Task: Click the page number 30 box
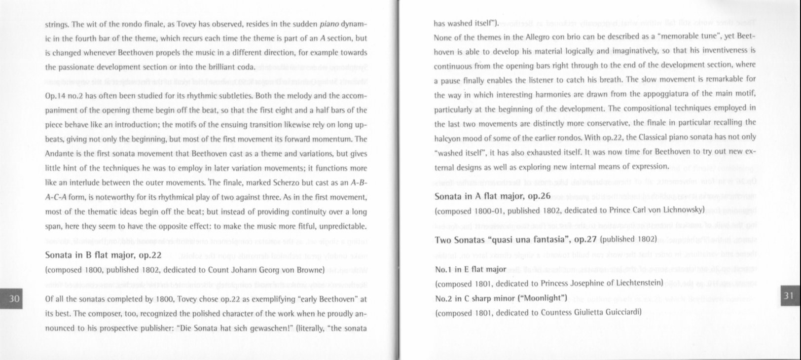(14, 298)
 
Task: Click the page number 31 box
(788, 295)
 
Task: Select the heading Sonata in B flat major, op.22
(103, 255)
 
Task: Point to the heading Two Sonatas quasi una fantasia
(516, 240)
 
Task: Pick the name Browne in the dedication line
(306, 270)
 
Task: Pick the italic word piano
(329, 24)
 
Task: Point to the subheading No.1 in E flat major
(471, 269)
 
